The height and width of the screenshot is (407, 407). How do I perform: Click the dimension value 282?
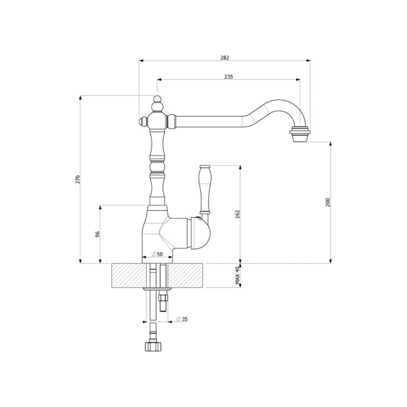225,58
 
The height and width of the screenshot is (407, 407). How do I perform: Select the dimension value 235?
228,77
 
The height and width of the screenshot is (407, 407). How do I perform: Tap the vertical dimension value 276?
78,179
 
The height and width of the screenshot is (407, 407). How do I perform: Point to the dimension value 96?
97,234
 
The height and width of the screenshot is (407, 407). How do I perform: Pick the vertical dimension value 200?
328,202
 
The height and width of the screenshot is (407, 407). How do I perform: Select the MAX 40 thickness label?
238,275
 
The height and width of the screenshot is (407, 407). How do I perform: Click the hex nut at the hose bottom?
152,346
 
